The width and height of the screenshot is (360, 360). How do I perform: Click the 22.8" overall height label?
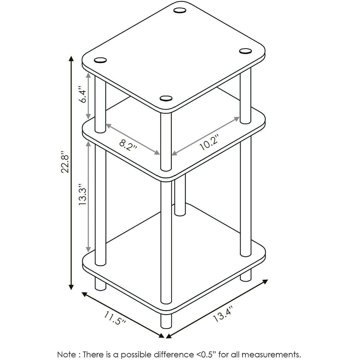(x=65, y=162)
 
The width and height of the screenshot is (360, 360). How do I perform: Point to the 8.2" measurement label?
(x=128, y=145)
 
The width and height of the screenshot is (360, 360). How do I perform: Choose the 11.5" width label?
(x=115, y=318)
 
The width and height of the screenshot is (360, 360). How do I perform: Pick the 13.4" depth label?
(x=223, y=314)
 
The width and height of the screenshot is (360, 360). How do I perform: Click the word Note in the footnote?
(x=67, y=354)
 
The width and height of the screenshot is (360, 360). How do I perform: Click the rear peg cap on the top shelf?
(x=180, y=10)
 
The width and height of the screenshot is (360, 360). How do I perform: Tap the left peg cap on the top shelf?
(x=100, y=60)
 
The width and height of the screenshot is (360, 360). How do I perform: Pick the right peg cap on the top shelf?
(x=246, y=51)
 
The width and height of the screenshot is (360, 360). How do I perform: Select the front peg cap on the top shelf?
(x=166, y=99)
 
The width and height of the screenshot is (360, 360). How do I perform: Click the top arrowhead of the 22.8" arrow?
(x=71, y=58)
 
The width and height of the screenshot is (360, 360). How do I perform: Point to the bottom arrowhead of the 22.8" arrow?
(x=71, y=287)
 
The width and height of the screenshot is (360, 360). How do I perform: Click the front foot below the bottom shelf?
(x=166, y=321)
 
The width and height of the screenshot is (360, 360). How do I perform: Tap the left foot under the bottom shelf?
(x=100, y=283)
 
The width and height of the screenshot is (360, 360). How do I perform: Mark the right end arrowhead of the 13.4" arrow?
(x=265, y=282)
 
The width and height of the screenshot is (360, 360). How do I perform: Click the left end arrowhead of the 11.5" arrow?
(x=85, y=294)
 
